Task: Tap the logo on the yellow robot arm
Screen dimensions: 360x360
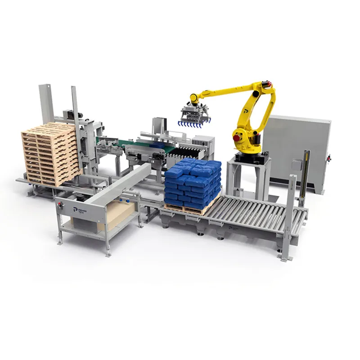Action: (246, 109)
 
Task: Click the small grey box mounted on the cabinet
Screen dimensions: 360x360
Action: (296, 165)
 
